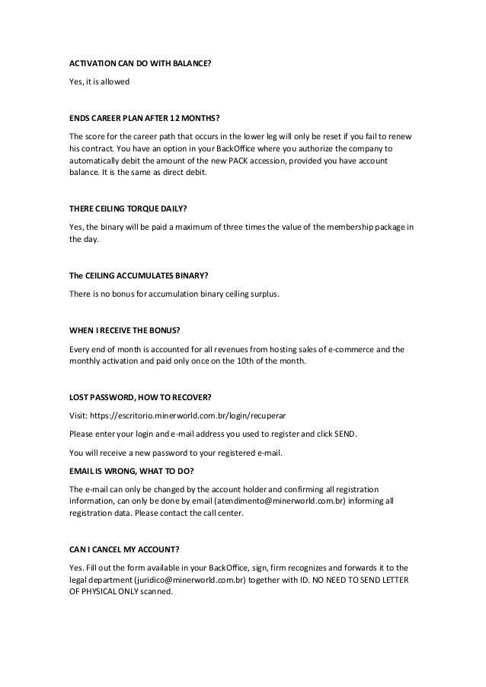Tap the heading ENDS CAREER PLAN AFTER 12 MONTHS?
coord(144,119)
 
